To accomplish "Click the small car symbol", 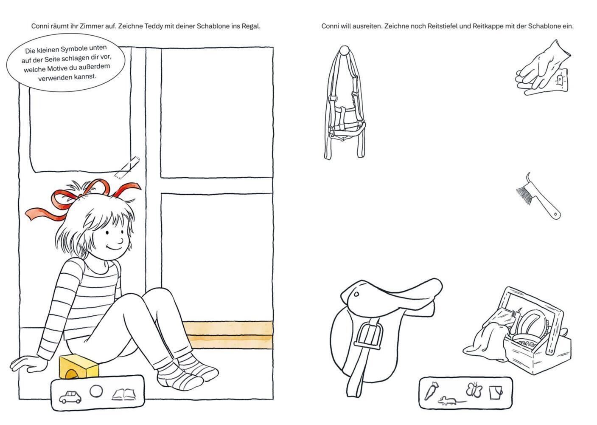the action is [70, 397].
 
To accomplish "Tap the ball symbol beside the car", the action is [96, 391].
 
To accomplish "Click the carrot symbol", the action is [431, 391].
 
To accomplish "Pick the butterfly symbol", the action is [474, 390].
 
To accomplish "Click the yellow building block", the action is [78, 366].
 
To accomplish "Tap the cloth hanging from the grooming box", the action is [485, 343].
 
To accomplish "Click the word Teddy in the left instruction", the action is [153, 26].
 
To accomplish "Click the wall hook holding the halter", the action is [345, 50].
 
